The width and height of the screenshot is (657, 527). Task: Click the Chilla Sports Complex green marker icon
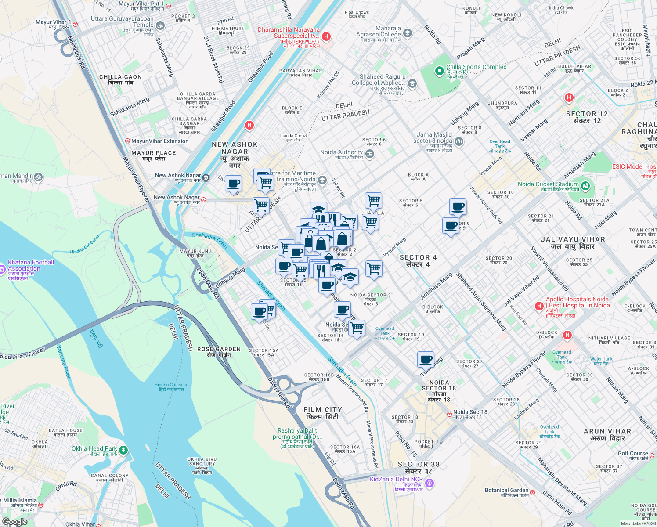click(x=439, y=71)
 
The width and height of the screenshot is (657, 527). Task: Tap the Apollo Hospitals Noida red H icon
click(x=539, y=306)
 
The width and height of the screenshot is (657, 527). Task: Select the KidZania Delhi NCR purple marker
click(x=430, y=484)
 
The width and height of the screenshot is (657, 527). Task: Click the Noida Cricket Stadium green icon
click(x=585, y=186)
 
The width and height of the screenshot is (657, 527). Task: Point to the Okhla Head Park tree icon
click(x=123, y=450)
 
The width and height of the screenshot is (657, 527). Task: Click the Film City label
click(x=322, y=413)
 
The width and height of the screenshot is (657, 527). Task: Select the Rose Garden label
click(x=219, y=352)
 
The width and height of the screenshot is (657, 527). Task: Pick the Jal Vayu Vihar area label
click(x=573, y=243)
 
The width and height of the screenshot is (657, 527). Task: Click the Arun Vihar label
click(x=607, y=435)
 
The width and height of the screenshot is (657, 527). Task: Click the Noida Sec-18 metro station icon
click(x=449, y=414)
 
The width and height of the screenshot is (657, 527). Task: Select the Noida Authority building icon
click(x=369, y=154)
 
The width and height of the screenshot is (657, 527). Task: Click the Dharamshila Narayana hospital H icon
click(x=326, y=36)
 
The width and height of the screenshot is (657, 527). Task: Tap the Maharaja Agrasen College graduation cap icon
click(x=408, y=33)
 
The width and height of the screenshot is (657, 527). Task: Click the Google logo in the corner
click(x=14, y=522)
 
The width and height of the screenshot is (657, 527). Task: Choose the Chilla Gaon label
click(x=120, y=79)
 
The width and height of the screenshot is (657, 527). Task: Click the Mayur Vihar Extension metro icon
click(x=127, y=141)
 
